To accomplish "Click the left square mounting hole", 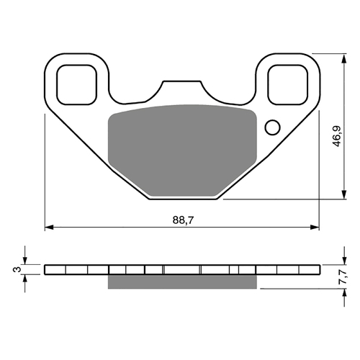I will pos(75,84).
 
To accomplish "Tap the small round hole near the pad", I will pos(272,128).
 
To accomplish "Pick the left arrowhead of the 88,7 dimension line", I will pos(49,228).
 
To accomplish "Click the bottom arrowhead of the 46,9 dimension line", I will pos(339,197).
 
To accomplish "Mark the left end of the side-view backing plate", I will pos(46,269).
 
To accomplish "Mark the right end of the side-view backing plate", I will pos(318,269).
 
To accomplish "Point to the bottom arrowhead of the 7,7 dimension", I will pos(339,292).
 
